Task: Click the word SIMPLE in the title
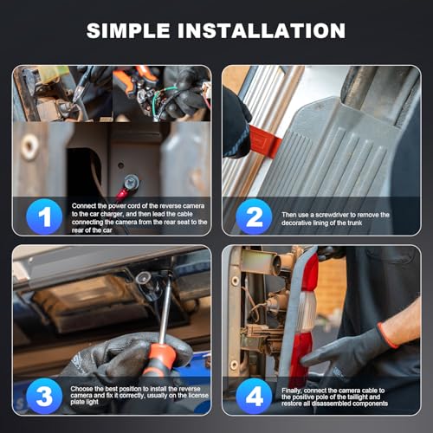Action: [x=128, y=30]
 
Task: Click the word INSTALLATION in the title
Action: [x=262, y=30]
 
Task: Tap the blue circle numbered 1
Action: [x=44, y=216]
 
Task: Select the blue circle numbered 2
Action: [x=254, y=216]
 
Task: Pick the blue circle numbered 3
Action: [x=44, y=396]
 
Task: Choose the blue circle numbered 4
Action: [x=254, y=396]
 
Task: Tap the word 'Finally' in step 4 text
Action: [x=292, y=391]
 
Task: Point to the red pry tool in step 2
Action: [x=264, y=141]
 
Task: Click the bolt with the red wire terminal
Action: [x=132, y=183]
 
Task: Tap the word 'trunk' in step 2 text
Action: [x=354, y=223]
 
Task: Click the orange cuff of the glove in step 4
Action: [x=387, y=335]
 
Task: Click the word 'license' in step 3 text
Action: [x=198, y=396]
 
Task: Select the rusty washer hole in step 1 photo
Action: [x=29, y=146]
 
